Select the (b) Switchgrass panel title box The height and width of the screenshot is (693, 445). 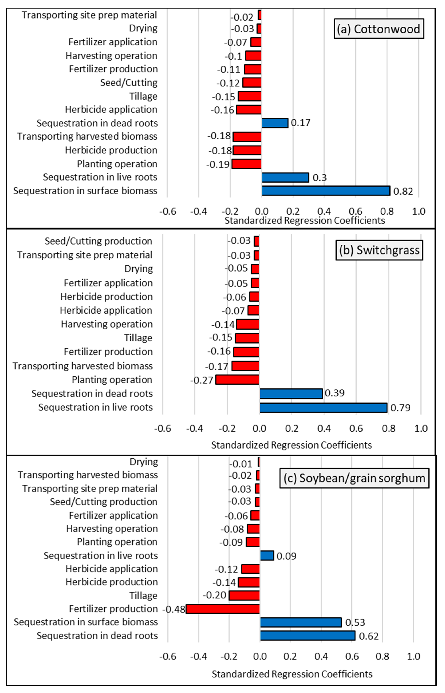[x=379, y=250]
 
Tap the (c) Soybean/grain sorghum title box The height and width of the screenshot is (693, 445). [x=354, y=478]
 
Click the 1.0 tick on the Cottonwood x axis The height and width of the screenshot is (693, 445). [x=418, y=211]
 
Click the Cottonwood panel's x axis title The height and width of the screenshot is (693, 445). [x=305, y=221]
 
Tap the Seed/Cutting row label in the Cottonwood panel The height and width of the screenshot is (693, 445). [x=129, y=83]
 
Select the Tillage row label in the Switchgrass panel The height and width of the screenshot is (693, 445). [x=138, y=338]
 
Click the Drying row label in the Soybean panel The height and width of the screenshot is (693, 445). [x=144, y=462]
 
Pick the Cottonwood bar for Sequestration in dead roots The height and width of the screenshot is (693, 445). [x=275, y=123]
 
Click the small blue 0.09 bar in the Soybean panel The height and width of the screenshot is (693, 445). [x=267, y=556]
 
